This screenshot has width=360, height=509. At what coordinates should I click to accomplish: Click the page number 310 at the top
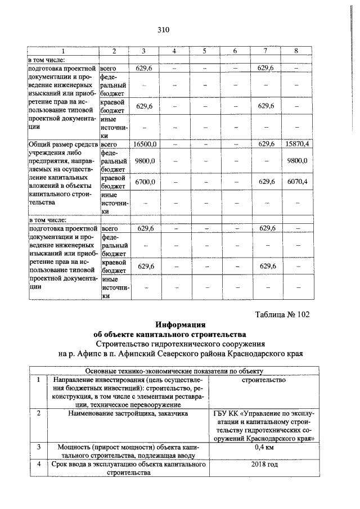(163, 30)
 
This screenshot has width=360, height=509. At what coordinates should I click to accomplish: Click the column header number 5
(205, 52)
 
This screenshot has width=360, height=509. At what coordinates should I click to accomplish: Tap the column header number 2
(114, 52)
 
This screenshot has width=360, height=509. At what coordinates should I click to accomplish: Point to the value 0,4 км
(263, 448)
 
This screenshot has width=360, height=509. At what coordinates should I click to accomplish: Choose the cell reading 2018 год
(263, 466)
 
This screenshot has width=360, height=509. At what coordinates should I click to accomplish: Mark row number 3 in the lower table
(38, 448)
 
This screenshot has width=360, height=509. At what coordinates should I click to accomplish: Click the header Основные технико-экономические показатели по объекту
(174, 371)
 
